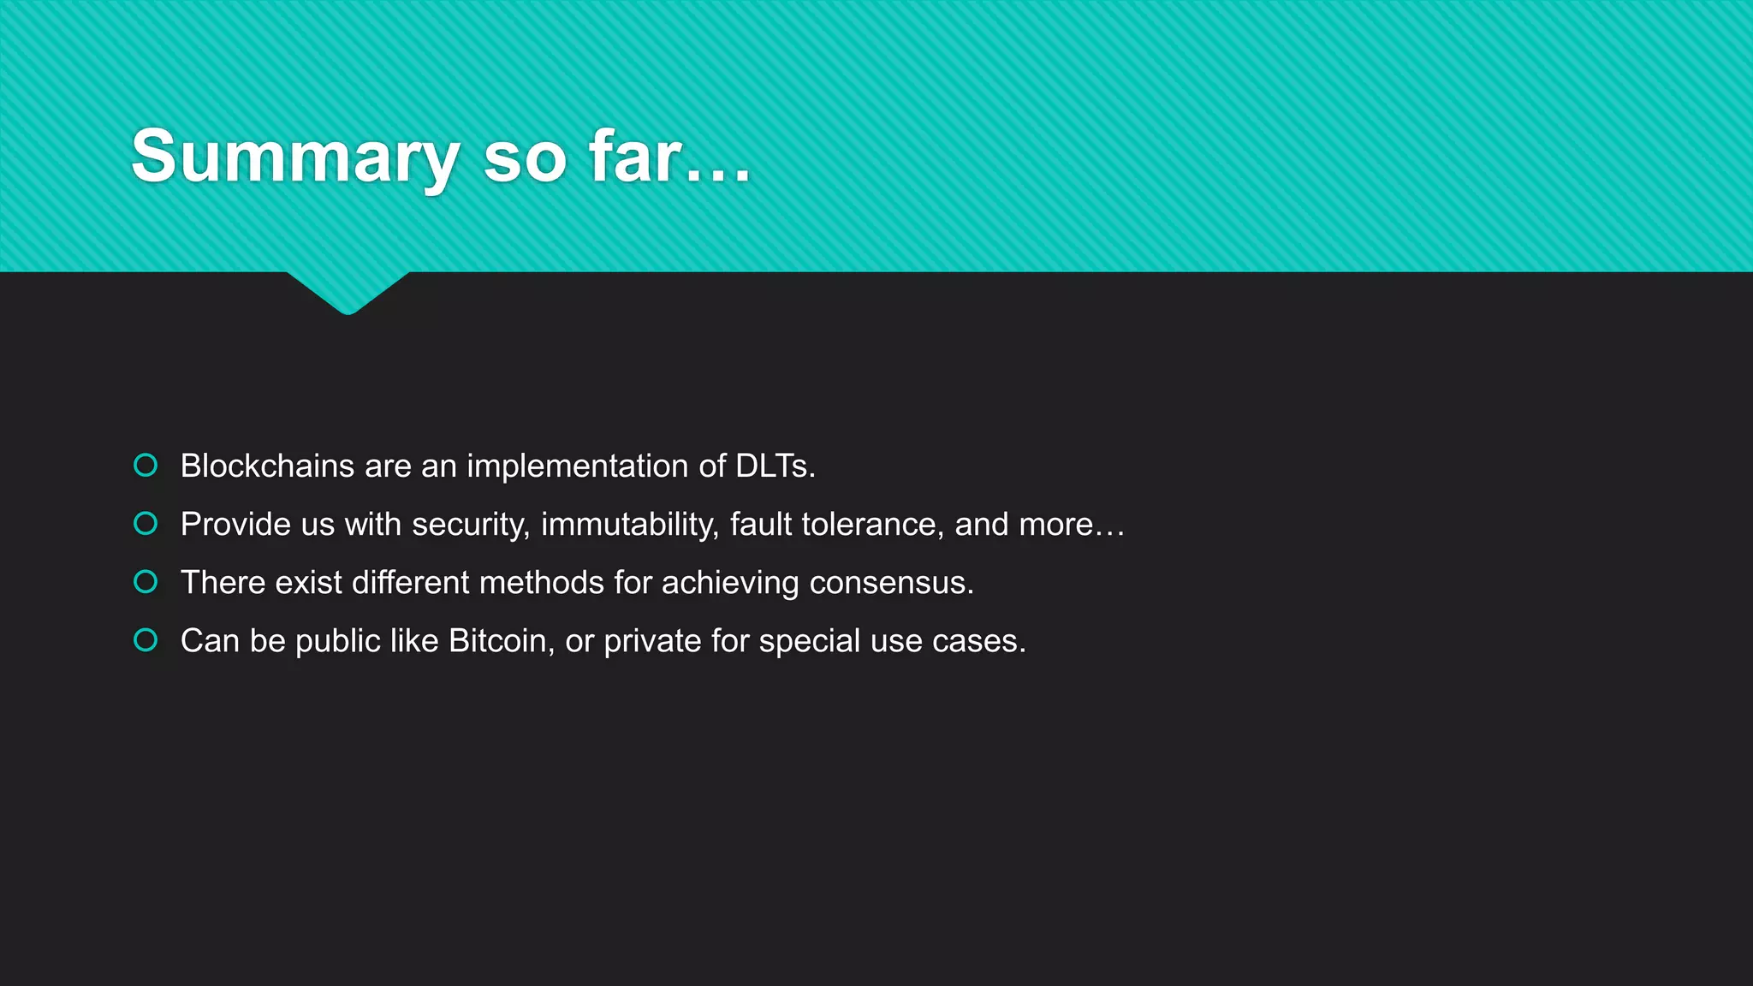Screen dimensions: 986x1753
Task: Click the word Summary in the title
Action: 295,157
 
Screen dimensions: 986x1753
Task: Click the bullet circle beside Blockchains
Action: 146,465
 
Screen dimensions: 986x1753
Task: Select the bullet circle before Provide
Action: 146,523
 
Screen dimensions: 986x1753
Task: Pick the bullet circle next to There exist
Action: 146,582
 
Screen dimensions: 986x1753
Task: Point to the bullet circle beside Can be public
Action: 146,640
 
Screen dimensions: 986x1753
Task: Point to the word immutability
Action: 629,525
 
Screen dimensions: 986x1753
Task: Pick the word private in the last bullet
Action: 652,641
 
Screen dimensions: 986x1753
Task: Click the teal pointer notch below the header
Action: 348,292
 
